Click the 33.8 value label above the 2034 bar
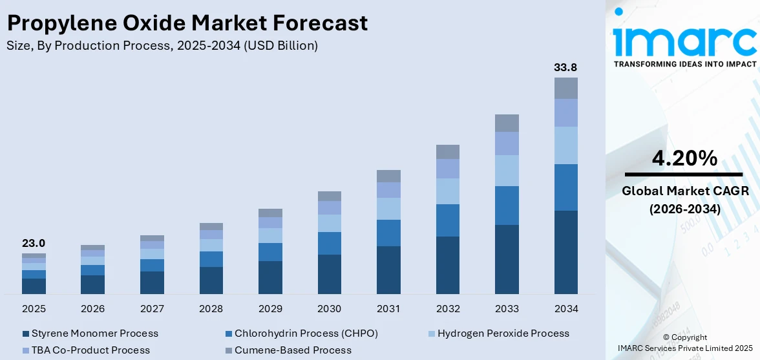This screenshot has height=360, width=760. click(565, 67)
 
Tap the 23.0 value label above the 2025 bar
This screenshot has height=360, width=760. click(34, 244)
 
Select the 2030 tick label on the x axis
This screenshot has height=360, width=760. click(329, 309)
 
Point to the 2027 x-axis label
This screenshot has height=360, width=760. click(152, 309)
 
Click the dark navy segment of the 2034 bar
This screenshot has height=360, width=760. click(565, 252)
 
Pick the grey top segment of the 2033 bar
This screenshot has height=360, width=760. click(507, 123)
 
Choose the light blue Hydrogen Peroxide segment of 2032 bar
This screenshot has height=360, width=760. click(447, 191)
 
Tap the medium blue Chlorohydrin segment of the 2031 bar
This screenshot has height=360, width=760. click(388, 233)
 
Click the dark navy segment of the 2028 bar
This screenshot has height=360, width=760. click(211, 281)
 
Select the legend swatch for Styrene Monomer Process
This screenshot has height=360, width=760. click(26, 334)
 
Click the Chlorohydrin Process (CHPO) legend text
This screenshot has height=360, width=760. click(306, 334)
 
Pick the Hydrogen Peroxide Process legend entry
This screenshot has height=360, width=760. click(503, 334)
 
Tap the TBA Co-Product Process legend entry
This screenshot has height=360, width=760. click(90, 350)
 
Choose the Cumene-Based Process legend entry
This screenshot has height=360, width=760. click(293, 350)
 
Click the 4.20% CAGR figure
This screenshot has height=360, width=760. click(684, 157)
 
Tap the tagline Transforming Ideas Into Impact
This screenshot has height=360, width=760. click(684, 65)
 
